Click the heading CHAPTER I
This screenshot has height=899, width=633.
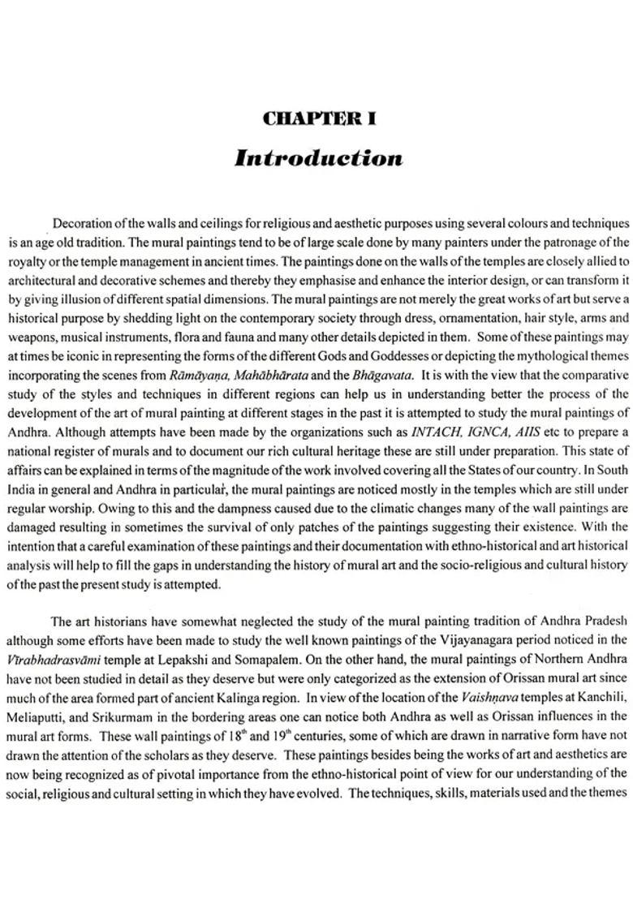pyautogui.click(x=319, y=119)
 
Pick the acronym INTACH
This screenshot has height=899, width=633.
pyautogui.click(x=437, y=432)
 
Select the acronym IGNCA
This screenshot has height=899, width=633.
pyautogui.click(x=489, y=432)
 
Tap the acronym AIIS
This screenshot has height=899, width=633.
pyautogui.click(x=532, y=432)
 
